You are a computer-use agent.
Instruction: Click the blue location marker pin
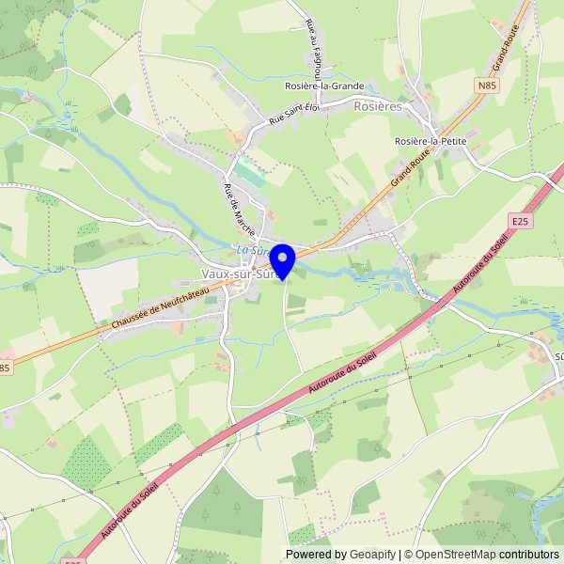click(282, 257)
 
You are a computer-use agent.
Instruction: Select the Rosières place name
click(378, 107)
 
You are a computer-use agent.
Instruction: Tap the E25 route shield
click(522, 221)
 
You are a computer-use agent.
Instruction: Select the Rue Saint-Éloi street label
click(294, 115)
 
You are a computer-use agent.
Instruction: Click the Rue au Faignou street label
click(316, 48)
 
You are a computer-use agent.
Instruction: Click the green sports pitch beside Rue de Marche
click(250, 172)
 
